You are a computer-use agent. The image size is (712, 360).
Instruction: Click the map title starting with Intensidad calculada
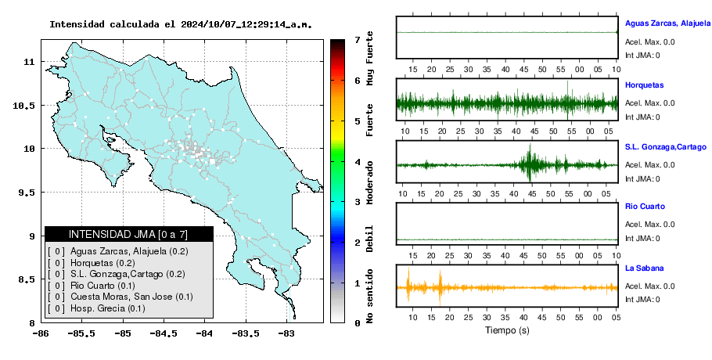click(181, 24)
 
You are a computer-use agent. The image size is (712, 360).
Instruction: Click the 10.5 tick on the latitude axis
click(25, 106)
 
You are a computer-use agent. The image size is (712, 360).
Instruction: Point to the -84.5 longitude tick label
click(164, 333)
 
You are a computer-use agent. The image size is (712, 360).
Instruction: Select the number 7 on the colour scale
click(358, 40)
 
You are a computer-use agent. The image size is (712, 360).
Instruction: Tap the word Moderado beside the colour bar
click(369, 182)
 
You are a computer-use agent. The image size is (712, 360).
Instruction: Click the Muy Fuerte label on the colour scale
click(369, 58)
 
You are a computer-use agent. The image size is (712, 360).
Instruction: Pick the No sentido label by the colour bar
click(369, 296)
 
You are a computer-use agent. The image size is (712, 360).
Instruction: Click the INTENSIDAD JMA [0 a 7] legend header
click(128, 234)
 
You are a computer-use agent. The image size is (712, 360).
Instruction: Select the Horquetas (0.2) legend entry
click(102, 263)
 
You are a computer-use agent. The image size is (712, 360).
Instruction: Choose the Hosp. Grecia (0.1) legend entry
click(108, 308)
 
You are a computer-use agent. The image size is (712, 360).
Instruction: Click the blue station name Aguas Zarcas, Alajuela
click(667, 23)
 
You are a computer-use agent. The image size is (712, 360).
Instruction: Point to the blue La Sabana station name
click(645, 268)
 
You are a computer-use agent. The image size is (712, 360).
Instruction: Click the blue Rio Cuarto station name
click(645, 207)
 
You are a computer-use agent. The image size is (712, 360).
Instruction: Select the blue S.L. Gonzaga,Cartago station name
click(666, 147)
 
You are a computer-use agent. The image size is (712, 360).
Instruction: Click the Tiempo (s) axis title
click(507, 330)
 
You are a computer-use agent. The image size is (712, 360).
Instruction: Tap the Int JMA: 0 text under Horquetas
click(642, 117)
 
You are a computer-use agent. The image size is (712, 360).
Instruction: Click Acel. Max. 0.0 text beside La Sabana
click(649, 286)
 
